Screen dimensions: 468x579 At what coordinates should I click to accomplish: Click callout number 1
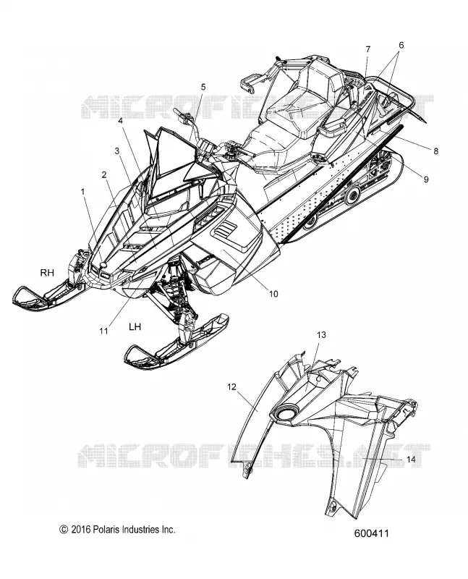[82, 192]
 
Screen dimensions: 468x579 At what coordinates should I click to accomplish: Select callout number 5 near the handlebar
[203, 87]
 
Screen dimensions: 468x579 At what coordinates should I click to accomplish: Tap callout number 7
[368, 49]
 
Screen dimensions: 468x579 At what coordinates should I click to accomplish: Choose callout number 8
[436, 151]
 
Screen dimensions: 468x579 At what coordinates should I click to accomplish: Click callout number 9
[426, 179]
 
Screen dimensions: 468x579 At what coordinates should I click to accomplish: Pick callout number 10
[273, 294]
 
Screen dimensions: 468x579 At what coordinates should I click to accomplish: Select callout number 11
[103, 331]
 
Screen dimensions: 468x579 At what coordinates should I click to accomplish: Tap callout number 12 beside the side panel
[231, 387]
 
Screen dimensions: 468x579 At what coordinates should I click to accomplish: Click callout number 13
[321, 335]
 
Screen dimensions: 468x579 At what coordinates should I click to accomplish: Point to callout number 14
[411, 460]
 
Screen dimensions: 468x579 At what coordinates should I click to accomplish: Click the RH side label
[47, 273]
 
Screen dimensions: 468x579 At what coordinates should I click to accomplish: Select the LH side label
[135, 327]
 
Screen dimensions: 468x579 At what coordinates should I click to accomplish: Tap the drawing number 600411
[372, 533]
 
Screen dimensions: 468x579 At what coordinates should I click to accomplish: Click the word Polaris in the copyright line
[106, 530]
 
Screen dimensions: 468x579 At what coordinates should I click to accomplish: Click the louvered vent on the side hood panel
[225, 231]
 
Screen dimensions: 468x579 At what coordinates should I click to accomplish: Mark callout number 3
[117, 151]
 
